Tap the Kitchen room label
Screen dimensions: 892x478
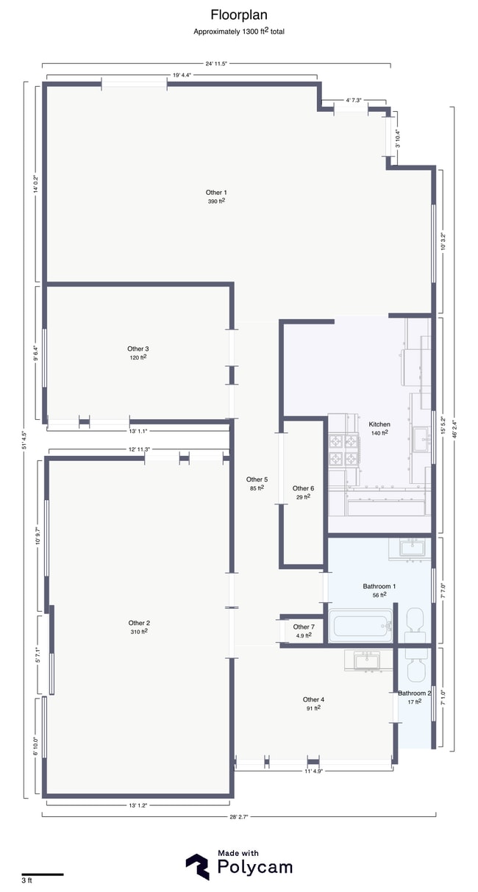[379, 424]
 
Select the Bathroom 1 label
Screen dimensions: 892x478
[379, 586]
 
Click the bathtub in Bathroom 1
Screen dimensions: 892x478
[362, 627]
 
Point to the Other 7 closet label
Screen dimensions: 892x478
[303, 627]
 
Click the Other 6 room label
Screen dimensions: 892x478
[303, 488]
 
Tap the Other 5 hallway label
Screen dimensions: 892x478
[256, 479]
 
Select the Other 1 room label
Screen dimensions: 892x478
[215, 193]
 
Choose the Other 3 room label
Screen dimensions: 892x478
[138, 349]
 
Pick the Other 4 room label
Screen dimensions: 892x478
[313, 699]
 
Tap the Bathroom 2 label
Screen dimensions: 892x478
[414, 693]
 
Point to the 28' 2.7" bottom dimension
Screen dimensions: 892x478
[239, 816]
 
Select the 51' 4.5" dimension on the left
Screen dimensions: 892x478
[24, 440]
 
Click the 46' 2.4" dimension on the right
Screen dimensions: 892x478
[453, 429]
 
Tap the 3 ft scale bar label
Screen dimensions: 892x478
[27, 880]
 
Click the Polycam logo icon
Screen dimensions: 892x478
[197, 866]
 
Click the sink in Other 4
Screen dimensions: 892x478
[365, 661]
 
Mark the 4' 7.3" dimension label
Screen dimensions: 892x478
[354, 100]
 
